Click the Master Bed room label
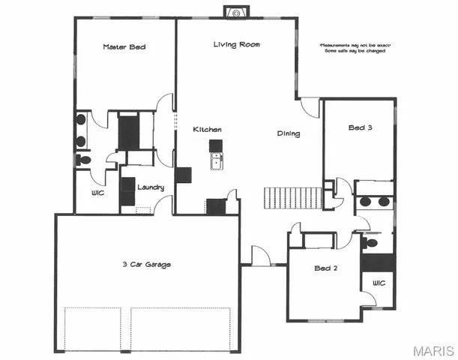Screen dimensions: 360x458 pyautogui.click(x=124, y=47)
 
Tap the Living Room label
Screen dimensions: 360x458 pyautogui.click(x=236, y=45)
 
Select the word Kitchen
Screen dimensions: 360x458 pyautogui.click(x=208, y=130)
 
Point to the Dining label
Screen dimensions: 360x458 pyautogui.click(x=289, y=134)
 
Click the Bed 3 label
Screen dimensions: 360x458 pyautogui.click(x=360, y=128)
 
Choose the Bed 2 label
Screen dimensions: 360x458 pyautogui.click(x=327, y=268)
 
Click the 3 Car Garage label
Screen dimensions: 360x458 pyautogui.click(x=147, y=264)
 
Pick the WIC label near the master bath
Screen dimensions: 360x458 pyautogui.click(x=97, y=193)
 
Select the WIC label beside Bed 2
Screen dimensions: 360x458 pyautogui.click(x=378, y=283)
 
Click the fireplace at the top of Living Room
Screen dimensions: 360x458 pyautogui.click(x=236, y=13)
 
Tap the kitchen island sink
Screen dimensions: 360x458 pyautogui.click(x=216, y=160)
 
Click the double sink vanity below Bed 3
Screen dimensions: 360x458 pyautogui.click(x=374, y=202)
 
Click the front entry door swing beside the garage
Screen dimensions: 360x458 pyautogui.click(x=259, y=255)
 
